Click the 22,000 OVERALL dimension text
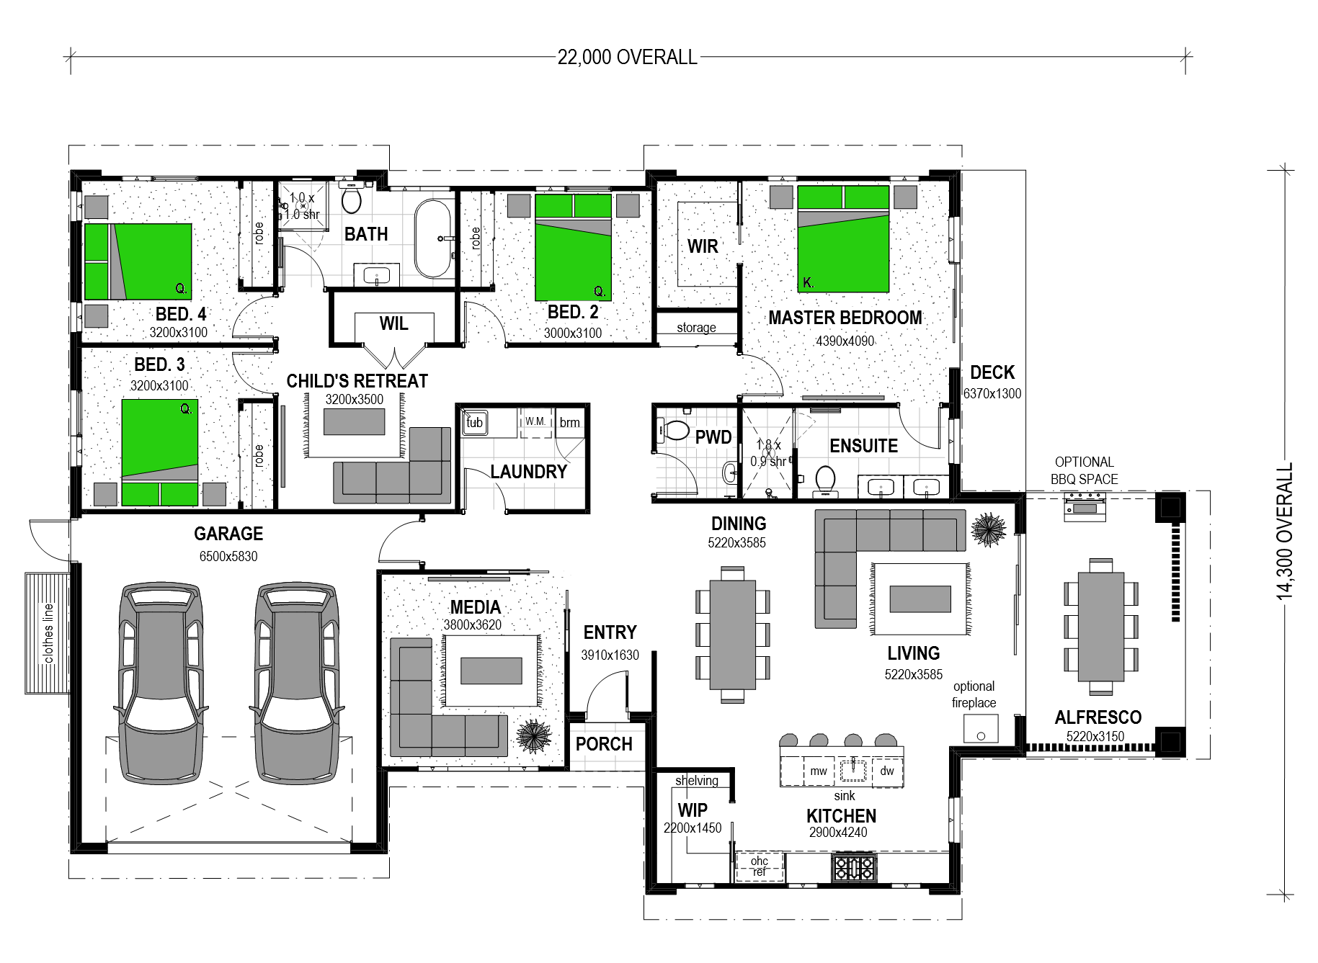pyautogui.click(x=627, y=58)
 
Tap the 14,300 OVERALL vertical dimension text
pyautogui.click(x=1285, y=531)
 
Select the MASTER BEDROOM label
pyautogui.click(x=845, y=318)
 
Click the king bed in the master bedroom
pyautogui.click(x=843, y=238)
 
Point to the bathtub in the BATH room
pyautogui.click(x=432, y=238)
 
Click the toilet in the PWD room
pyautogui.click(x=674, y=430)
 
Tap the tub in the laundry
pyautogui.click(x=474, y=423)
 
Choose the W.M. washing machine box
pyautogui.click(x=535, y=421)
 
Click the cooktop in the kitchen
pyautogui.click(x=854, y=867)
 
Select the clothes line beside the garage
pyautogui.click(x=48, y=633)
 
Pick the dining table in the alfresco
pyautogui.click(x=1100, y=626)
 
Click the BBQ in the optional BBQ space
pyautogui.click(x=1085, y=507)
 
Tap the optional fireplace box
pyautogui.click(x=981, y=728)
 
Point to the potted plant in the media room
pyautogui.click(x=534, y=736)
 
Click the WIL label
pyautogui.click(x=394, y=324)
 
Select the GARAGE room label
pyautogui.click(x=228, y=534)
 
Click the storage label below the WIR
pyautogui.click(x=696, y=328)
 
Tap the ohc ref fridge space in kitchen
pyautogui.click(x=760, y=866)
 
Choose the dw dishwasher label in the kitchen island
pyautogui.click(x=887, y=771)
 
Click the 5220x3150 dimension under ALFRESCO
pyautogui.click(x=1095, y=736)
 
